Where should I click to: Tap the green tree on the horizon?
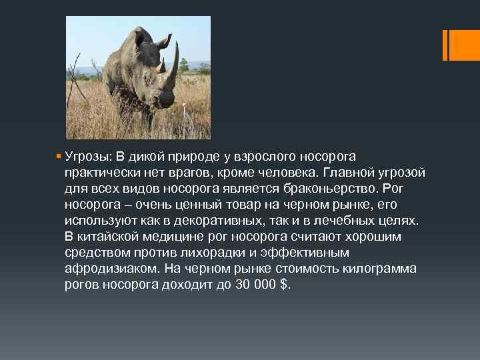pos(183,65)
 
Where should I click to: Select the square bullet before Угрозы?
pos(60,157)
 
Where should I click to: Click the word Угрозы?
pos(89,157)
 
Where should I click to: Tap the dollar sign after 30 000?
pos(285,285)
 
